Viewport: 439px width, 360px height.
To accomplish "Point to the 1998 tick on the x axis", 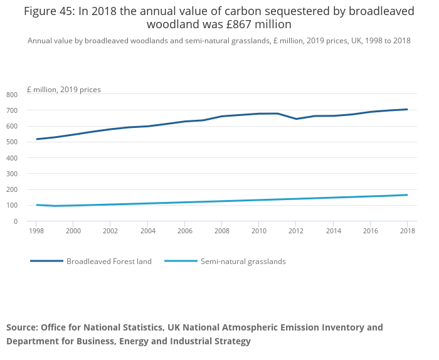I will coord(36,231).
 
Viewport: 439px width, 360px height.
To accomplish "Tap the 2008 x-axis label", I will coord(221,231).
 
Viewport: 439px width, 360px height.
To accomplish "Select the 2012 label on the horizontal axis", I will coord(295,231).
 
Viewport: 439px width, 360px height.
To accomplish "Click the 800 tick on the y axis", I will coord(12,95).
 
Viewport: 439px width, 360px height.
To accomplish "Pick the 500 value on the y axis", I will coord(12,142).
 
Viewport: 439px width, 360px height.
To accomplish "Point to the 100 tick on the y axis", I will coord(12,206).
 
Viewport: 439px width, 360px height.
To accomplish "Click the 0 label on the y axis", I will coord(16,221).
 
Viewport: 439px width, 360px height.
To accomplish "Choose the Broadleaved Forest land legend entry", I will coord(109,262).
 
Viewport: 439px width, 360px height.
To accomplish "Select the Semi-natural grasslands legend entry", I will coord(243,262).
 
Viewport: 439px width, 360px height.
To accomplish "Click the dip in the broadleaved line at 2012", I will coord(296,119).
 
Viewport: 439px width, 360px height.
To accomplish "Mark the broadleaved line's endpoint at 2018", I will coord(407,109).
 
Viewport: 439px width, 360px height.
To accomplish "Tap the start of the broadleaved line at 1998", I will coord(36,139).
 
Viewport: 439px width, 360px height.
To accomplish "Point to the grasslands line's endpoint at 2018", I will coord(407,195).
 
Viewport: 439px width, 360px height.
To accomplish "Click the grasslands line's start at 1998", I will coord(36,205).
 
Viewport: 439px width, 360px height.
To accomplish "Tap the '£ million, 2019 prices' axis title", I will coord(63,90).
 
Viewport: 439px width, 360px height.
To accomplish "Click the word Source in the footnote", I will coord(21,327).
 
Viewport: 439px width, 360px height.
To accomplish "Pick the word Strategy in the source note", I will coord(229,341).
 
